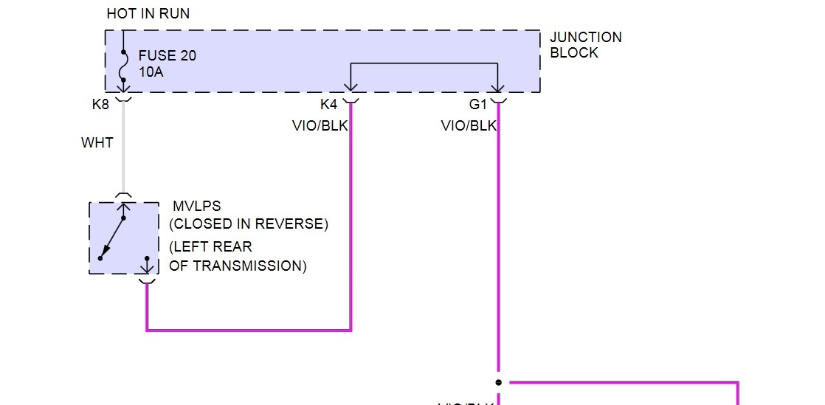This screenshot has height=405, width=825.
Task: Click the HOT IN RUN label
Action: click(x=148, y=14)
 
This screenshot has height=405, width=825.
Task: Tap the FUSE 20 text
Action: click(x=168, y=56)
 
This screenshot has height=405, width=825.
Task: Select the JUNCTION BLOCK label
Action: click(x=585, y=45)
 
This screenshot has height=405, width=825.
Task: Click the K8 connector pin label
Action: click(x=100, y=105)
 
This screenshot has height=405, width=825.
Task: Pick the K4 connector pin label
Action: click(x=329, y=105)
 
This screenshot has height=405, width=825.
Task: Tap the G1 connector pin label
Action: click(x=478, y=105)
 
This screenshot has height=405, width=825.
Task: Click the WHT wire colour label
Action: click(x=97, y=142)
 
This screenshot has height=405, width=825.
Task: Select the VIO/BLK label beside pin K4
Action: click(x=320, y=126)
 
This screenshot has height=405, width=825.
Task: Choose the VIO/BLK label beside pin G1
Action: click(x=469, y=126)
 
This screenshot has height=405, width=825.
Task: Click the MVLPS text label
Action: click(x=196, y=207)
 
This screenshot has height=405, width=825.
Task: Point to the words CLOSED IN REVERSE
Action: click(x=249, y=224)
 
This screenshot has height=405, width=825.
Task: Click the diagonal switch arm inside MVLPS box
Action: click(x=112, y=238)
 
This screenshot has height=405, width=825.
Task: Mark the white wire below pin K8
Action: click(x=123, y=155)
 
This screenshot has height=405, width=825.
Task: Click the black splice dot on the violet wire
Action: click(x=499, y=382)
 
